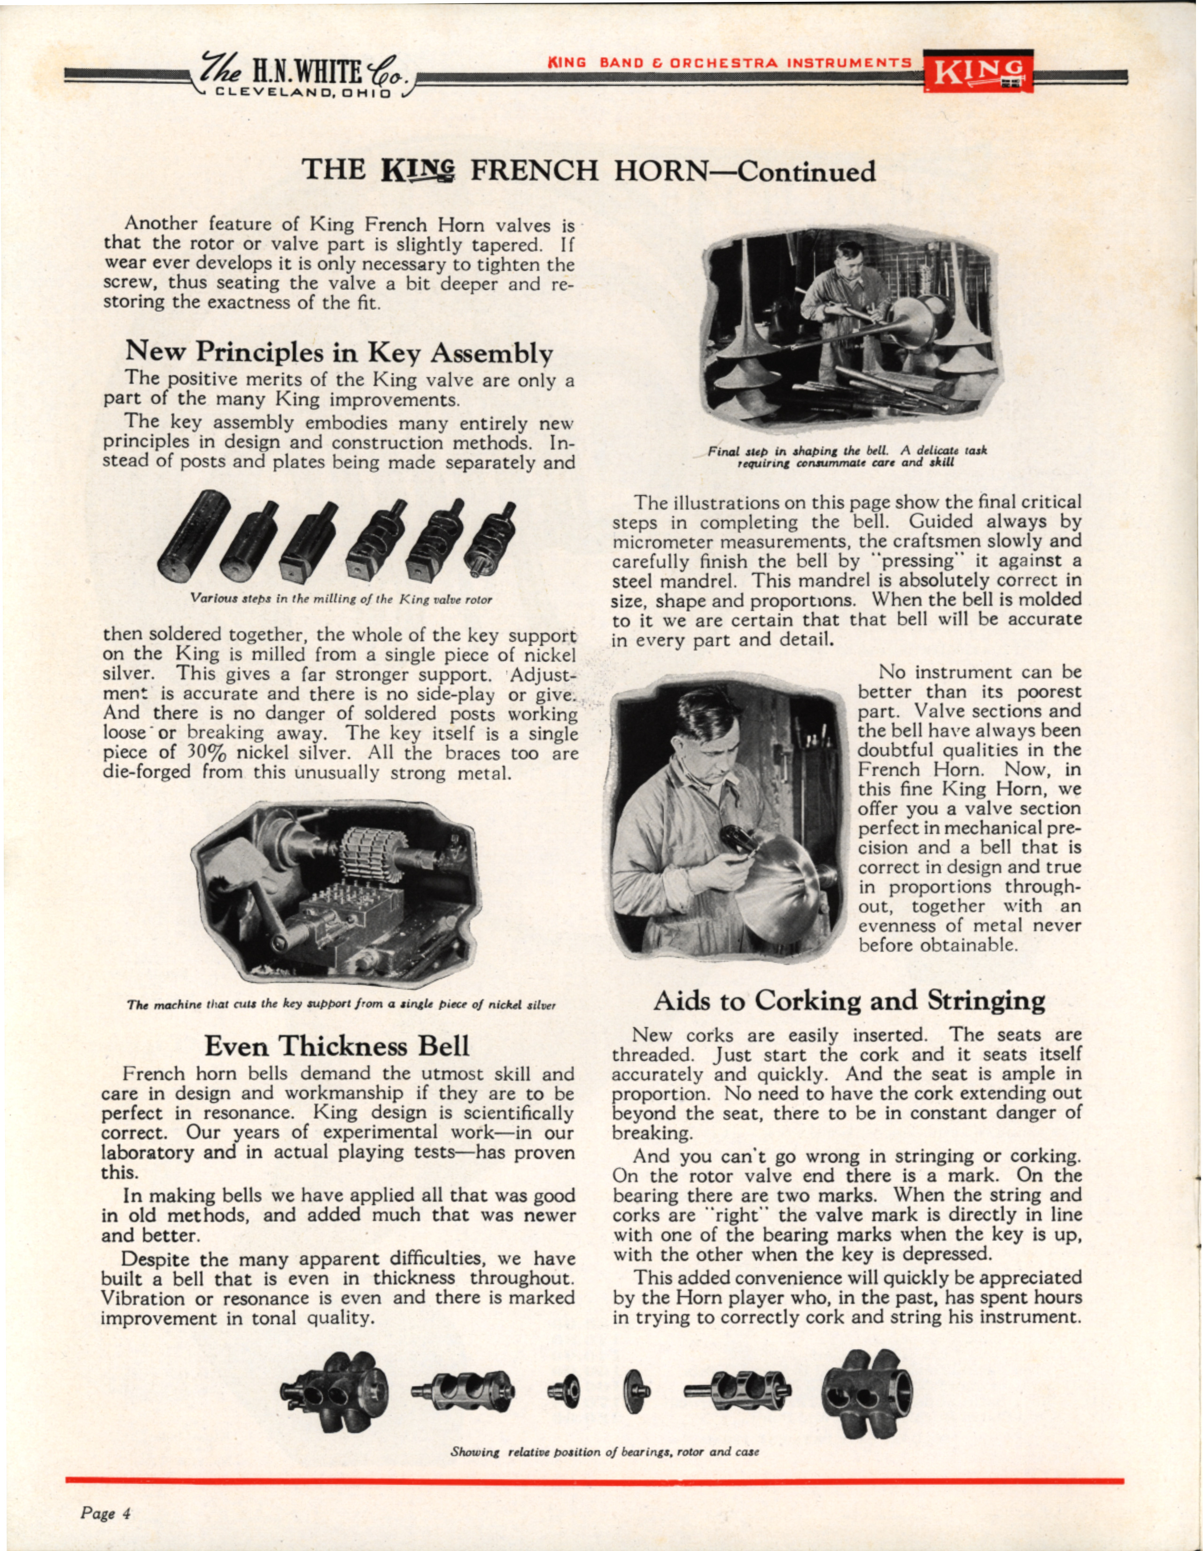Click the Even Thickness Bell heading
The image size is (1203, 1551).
click(x=337, y=1045)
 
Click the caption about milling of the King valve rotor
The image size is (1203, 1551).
click(x=341, y=600)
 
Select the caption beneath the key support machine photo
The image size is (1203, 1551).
click(x=341, y=1004)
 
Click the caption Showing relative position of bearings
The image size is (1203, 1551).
click(x=605, y=1451)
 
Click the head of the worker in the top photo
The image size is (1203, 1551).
click(x=849, y=257)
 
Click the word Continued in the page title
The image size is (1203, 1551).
click(x=806, y=172)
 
